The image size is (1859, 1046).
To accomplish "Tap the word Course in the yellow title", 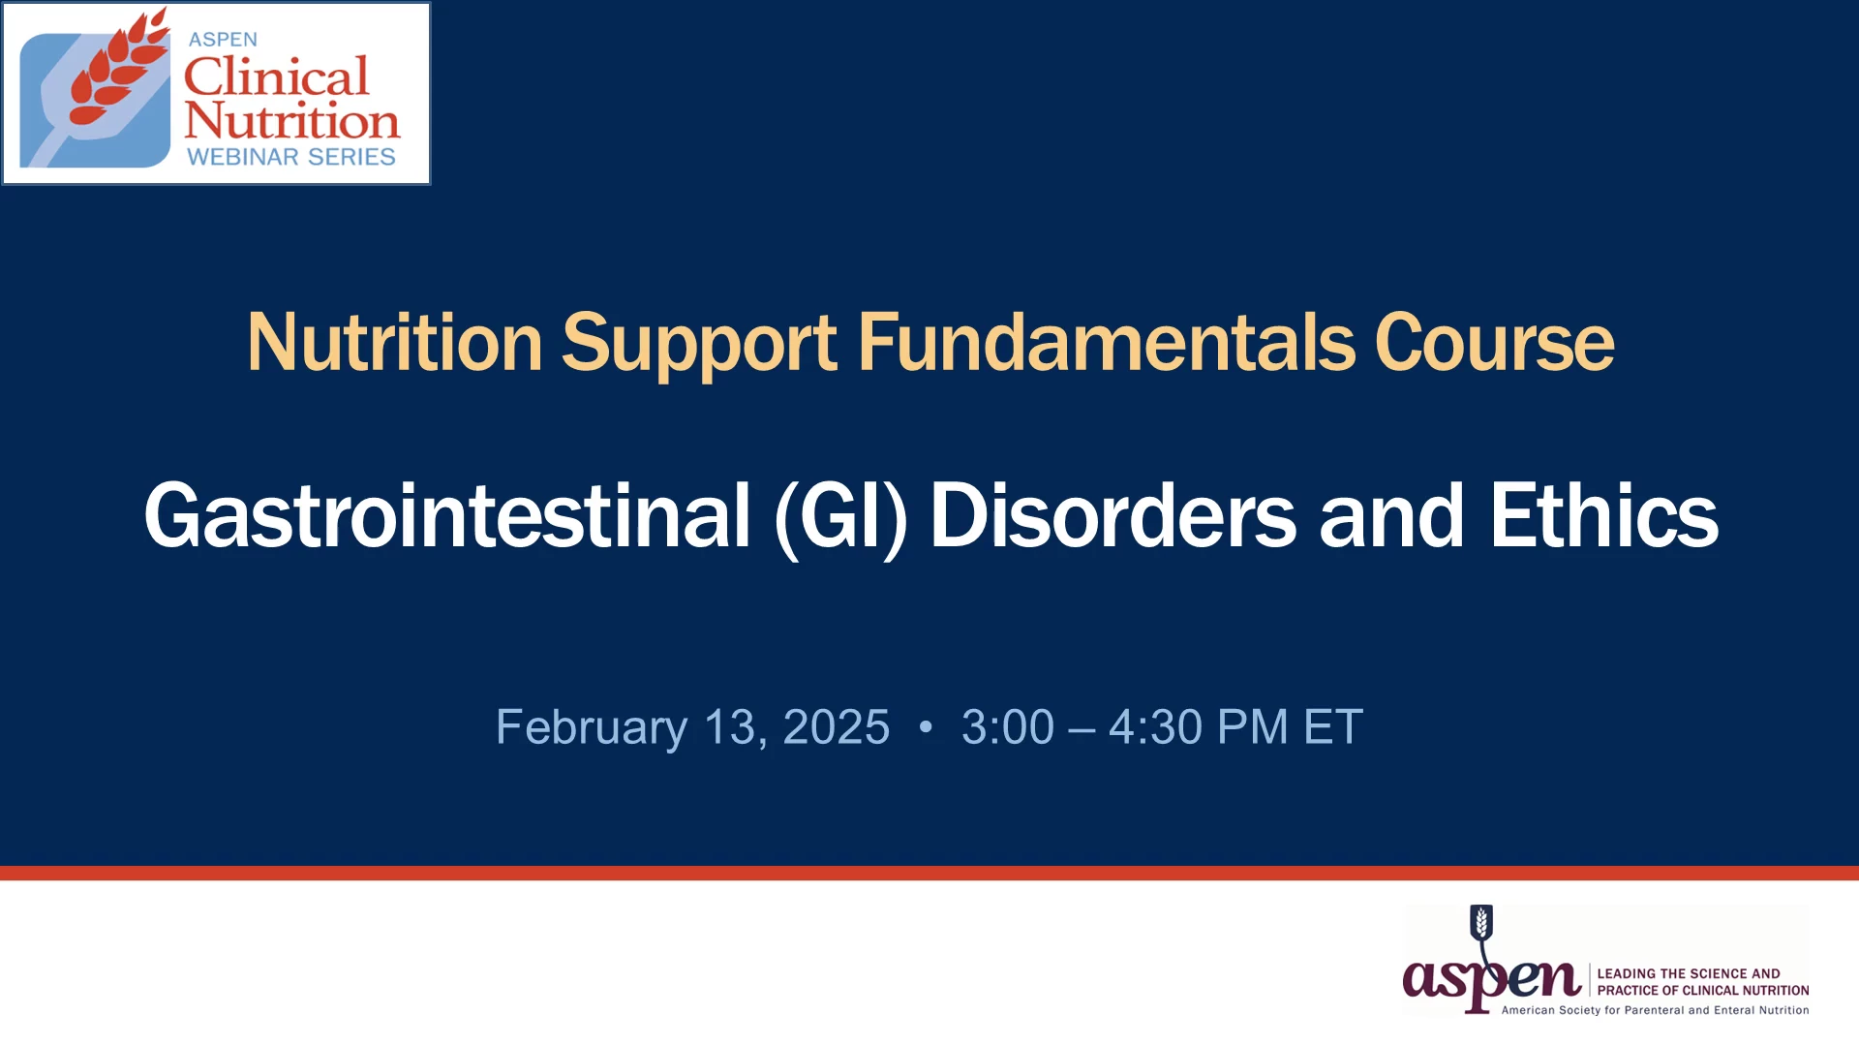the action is [x=1494, y=343].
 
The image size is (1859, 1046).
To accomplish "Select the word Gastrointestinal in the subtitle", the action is [x=447, y=515].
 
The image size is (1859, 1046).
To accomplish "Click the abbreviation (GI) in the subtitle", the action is [x=840, y=518].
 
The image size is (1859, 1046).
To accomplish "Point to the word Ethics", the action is [x=1603, y=515].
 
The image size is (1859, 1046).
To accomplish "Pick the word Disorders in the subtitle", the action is [x=1112, y=515].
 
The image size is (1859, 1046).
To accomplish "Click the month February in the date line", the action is [x=592, y=728].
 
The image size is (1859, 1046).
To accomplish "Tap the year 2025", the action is [x=836, y=727].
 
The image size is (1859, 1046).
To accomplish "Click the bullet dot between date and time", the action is [x=926, y=726].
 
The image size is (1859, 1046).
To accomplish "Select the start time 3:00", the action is [x=1008, y=727].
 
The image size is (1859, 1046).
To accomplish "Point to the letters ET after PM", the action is [x=1333, y=727].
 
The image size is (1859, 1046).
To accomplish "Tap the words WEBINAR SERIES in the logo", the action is [x=291, y=157].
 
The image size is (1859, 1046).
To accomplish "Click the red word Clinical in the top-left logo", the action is [x=277, y=76].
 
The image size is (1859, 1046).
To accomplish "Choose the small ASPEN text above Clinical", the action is [x=223, y=40].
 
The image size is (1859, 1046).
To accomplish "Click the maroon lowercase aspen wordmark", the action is [x=1491, y=980].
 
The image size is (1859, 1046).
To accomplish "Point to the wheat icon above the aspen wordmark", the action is [x=1481, y=922].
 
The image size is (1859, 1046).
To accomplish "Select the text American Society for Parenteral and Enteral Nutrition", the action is [x=1655, y=1010].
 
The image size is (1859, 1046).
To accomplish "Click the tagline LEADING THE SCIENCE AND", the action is [x=1689, y=973].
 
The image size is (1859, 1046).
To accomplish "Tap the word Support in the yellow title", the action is [x=699, y=345].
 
